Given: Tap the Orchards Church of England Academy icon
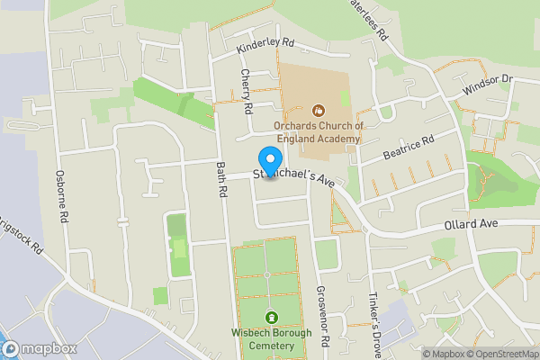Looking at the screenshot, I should point(317,110).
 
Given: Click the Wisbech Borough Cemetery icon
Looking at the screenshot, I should point(273,317).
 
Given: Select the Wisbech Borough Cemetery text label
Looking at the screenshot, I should point(273,340).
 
